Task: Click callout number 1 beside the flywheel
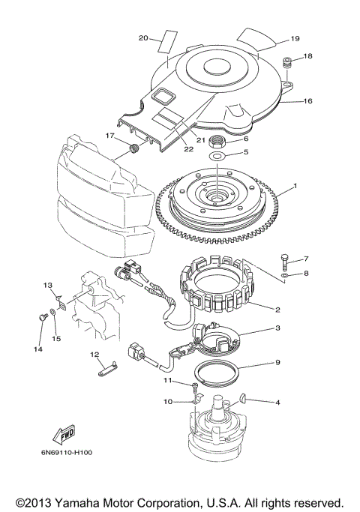[x=295, y=186]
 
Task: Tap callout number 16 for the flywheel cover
[x=307, y=100]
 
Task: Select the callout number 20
[x=143, y=37]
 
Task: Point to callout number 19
[x=295, y=37]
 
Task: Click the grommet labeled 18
[x=286, y=63]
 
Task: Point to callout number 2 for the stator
[x=277, y=309]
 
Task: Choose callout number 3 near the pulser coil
[x=277, y=328]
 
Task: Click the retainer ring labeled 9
[x=218, y=371]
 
